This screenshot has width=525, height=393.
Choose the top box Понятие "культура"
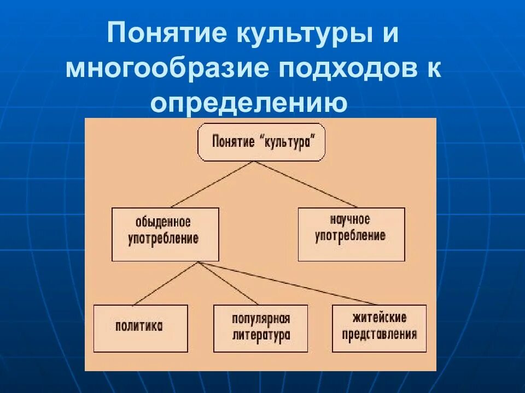tap(261, 142)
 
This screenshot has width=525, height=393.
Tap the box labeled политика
tap(140, 327)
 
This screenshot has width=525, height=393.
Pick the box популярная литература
tap(260, 327)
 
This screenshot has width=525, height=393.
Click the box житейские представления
tap(379, 327)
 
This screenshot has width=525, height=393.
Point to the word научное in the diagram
tap(350, 220)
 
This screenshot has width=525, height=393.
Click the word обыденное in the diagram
tap(163, 223)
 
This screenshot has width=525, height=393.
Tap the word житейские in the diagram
tap(380, 318)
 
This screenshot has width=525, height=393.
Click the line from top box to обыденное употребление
tap(213, 184)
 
